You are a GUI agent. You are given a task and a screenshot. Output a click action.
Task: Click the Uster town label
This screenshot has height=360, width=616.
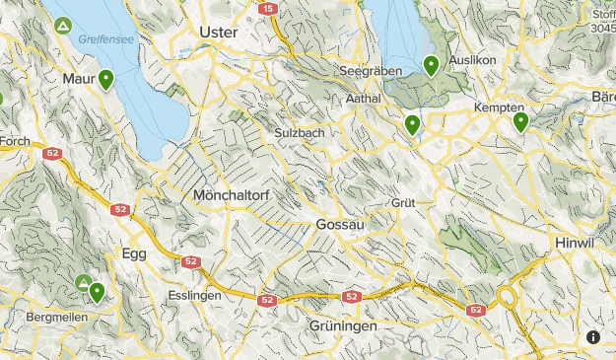click(218, 32)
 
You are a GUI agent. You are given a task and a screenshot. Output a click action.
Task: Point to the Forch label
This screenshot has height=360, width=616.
click(14, 141)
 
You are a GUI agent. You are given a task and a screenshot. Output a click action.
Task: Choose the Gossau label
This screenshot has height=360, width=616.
click(341, 225)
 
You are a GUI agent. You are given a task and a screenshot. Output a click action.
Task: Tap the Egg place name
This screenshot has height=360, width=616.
click(133, 253)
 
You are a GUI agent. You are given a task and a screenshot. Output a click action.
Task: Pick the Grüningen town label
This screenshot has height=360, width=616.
click(343, 326)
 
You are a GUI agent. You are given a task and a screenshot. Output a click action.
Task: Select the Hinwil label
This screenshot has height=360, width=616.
click(577, 243)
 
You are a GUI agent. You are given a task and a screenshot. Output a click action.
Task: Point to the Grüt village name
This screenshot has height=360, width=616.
click(403, 202)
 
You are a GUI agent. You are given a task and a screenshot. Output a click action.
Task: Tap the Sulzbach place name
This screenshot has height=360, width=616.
click(300, 132)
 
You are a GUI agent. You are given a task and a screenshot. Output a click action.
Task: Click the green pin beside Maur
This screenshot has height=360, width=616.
click(105, 79)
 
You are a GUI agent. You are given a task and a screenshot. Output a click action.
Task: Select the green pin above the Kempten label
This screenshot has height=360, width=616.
click(520, 121)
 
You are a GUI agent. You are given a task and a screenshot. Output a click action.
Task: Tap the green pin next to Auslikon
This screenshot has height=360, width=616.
click(431, 65)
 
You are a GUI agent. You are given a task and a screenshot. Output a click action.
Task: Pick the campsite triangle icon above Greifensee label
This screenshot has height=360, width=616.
click(63, 25)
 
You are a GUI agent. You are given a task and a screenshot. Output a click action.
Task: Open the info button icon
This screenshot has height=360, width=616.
click(593, 336)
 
